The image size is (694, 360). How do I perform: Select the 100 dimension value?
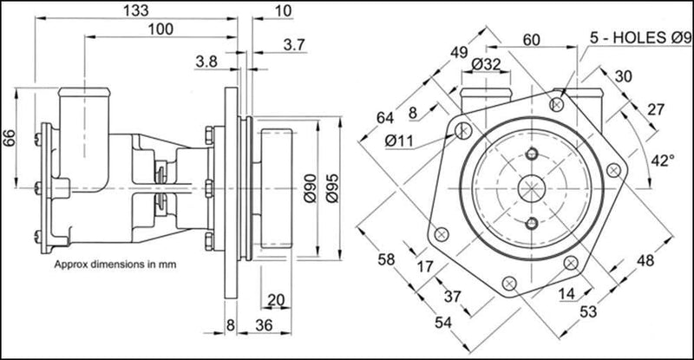(160, 29)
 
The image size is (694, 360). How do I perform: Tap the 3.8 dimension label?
(206, 62)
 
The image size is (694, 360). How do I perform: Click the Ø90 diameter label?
(310, 186)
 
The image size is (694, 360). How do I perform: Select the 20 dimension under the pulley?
(276, 301)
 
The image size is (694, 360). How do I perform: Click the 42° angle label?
(664, 160)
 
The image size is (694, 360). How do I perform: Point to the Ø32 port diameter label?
(488, 64)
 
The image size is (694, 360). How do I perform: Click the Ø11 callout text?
(398, 141)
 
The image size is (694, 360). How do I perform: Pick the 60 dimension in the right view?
(530, 39)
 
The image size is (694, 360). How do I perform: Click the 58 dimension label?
(387, 259)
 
